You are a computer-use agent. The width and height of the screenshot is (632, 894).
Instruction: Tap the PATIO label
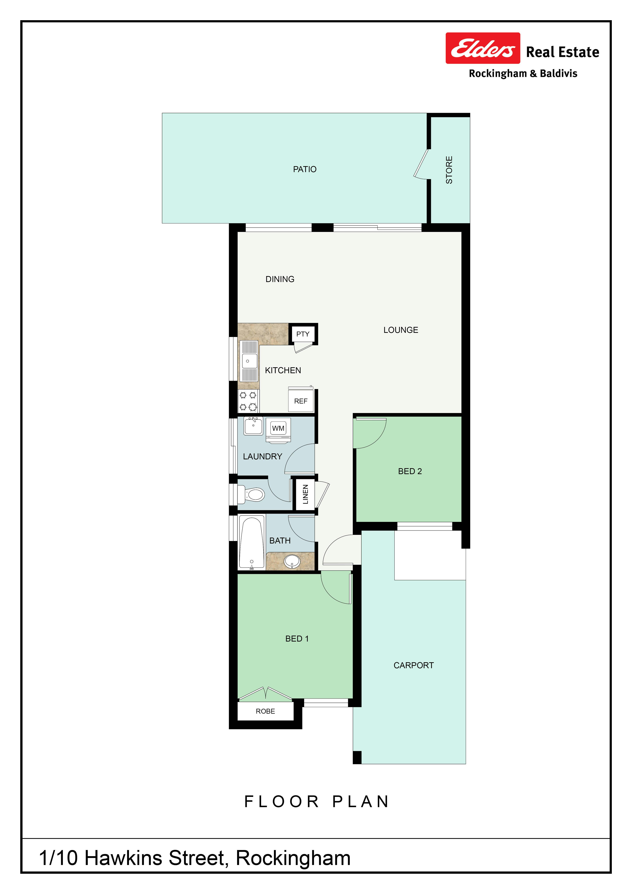coord(305,169)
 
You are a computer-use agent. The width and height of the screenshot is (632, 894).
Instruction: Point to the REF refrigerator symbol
coord(301,400)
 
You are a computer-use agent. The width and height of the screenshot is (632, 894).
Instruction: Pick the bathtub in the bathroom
coord(252,542)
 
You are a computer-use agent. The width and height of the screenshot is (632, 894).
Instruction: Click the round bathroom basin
coord(292,562)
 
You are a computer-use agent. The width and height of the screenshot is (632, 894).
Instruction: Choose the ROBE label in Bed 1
coord(265,711)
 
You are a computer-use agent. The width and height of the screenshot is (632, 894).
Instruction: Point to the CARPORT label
coord(414,665)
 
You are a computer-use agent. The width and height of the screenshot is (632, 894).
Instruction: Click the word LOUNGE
coord(401,330)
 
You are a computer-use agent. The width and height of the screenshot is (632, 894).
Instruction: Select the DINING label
coord(280,279)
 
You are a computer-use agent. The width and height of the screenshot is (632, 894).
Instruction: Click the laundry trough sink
coord(253,426)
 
